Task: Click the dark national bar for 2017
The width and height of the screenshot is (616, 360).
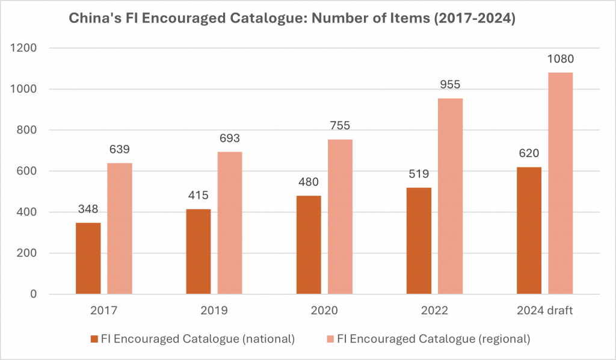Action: (88, 259)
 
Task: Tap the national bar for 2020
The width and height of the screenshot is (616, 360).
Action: (309, 245)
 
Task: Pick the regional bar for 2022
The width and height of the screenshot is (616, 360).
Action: (450, 196)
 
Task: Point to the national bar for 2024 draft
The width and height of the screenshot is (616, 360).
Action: (529, 231)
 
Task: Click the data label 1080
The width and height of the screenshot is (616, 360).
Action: (560, 59)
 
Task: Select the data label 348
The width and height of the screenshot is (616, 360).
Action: (88, 209)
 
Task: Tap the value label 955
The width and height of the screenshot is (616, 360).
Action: (450, 85)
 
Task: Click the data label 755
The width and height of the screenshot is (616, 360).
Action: (340, 126)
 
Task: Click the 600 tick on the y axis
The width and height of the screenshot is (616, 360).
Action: (28, 172)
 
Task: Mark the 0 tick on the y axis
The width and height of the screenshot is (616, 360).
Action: (34, 294)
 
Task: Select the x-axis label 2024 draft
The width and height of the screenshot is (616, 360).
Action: (544, 311)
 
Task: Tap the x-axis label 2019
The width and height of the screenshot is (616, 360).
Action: (214, 311)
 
